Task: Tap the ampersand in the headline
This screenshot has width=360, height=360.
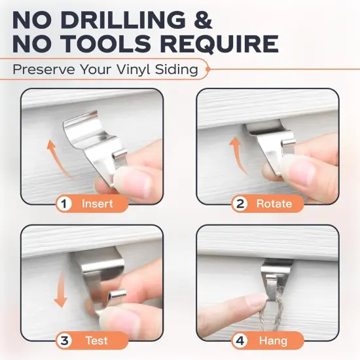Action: [x=202, y=20]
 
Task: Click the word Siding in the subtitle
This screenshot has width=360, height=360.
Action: [x=176, y=69]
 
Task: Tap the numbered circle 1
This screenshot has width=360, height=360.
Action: [x=65, y=204]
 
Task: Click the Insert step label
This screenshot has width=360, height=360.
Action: [x=97, y=204]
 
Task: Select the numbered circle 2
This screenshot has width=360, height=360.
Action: [x=240, y=204]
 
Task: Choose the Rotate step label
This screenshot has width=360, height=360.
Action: [x=274, y=204]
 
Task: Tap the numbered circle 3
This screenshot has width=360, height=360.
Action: [x=65, y=340]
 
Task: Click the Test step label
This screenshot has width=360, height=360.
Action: [x=97, y=340]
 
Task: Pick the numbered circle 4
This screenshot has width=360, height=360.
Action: [x=240, y=340]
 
